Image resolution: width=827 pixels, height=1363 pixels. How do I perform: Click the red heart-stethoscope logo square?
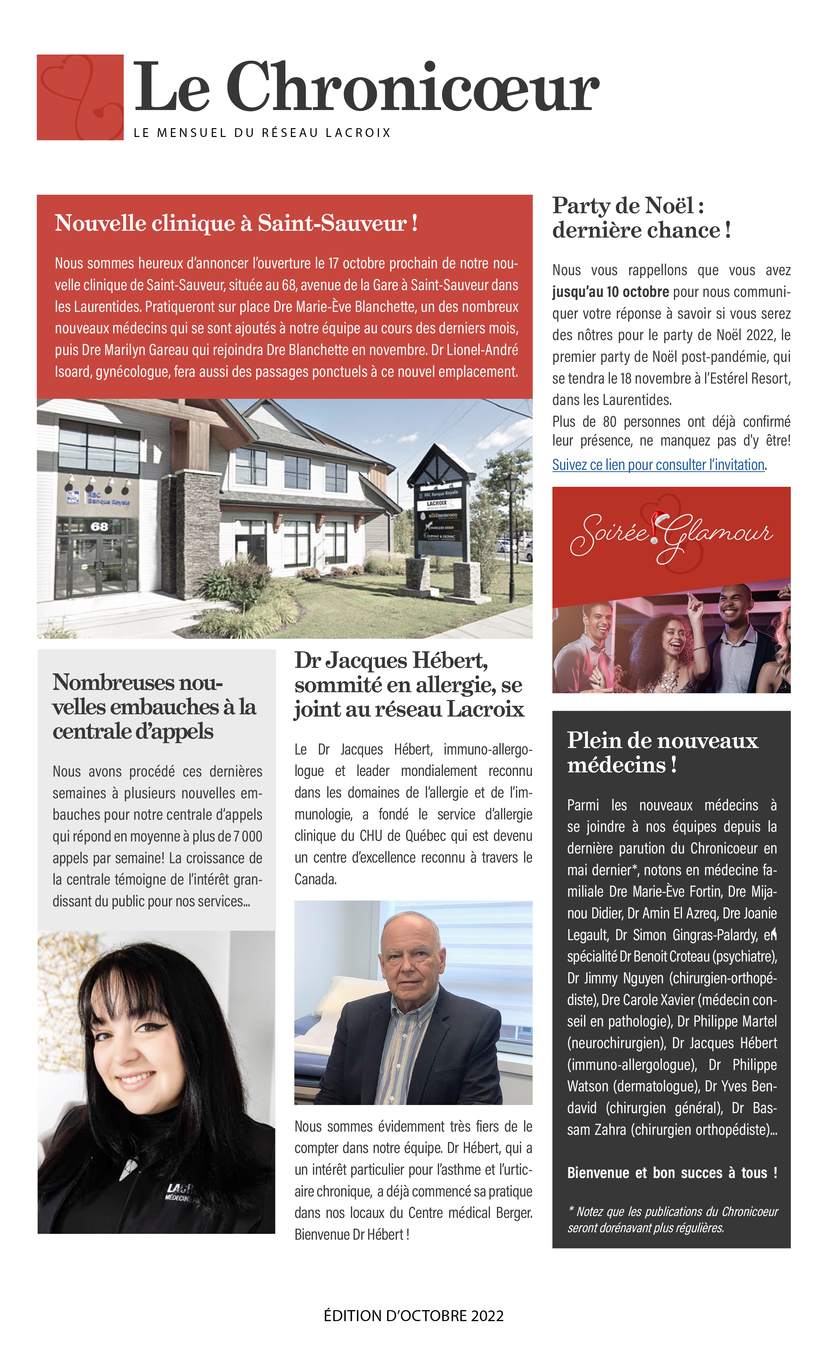[80, 97]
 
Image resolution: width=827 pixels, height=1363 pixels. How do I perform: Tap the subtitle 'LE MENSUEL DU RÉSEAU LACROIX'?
[262, 133]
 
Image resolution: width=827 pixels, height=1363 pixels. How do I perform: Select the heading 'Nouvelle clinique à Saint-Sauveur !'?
[236, 224]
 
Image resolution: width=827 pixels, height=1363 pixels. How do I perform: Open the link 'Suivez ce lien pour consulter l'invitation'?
[658, 465]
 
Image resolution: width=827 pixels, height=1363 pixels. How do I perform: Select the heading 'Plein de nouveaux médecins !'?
[662, 752]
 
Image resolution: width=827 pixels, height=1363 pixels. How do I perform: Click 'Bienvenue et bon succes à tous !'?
[672, 1173]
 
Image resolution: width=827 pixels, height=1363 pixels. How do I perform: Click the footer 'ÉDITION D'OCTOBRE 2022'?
[414, 1316]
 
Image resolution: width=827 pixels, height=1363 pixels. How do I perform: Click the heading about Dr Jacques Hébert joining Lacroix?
[409, 685]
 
